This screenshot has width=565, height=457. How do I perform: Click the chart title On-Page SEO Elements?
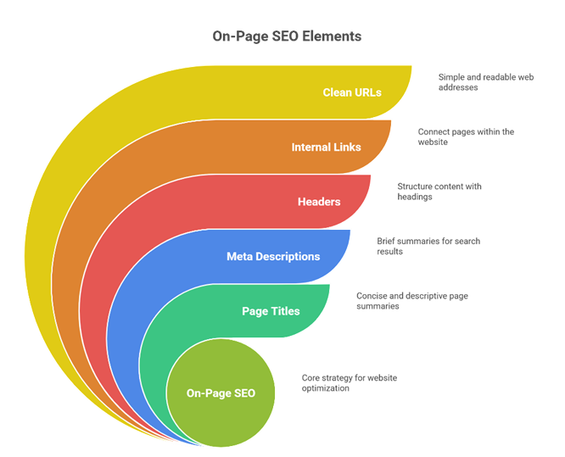click(286, 37)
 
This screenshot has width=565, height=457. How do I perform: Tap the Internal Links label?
click(326, 148)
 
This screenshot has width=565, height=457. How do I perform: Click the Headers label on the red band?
click(319, 202)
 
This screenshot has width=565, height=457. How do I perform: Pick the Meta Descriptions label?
click(273, 256)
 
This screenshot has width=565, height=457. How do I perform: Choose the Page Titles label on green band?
click(271, 311)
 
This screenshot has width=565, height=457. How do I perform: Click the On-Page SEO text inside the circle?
click(221, 393)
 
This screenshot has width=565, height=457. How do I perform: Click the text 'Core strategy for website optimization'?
click(349, 382)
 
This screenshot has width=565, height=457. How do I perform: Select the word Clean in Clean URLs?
click(338, 92)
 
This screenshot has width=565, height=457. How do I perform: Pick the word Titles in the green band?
click(285, 311)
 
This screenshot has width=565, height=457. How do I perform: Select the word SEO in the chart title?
click(287, 37)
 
